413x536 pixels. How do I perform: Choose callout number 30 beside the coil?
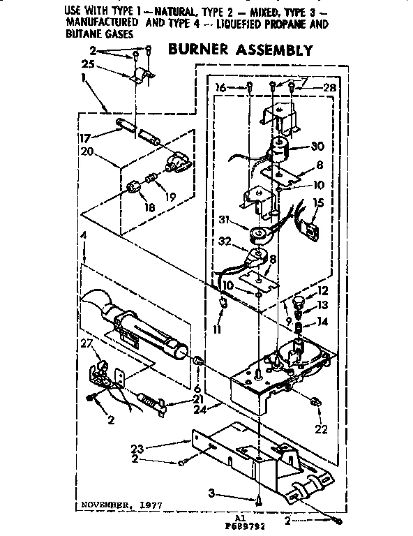tap(317, 148)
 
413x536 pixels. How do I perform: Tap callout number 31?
tap(223, 220)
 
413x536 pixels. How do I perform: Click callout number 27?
tap(87, 343)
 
